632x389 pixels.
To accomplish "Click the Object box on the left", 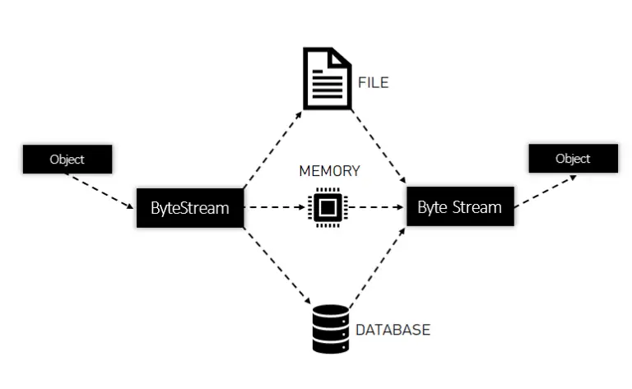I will [x=67, y=159].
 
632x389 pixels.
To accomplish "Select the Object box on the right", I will [x=573, y=158].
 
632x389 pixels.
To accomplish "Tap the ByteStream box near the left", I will [x=189, y=207].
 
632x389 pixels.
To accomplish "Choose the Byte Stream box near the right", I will [x=459, y=206].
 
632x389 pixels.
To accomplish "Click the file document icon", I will [x=327, y=78].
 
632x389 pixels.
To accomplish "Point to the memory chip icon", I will [x=327, y=206].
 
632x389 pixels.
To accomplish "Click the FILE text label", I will [x=373, y=82].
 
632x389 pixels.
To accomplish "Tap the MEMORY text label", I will [x=329, y=171].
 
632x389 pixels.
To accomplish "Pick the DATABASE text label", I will [x=393, y=330].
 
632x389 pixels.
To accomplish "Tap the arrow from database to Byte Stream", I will [x=376, y=267].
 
